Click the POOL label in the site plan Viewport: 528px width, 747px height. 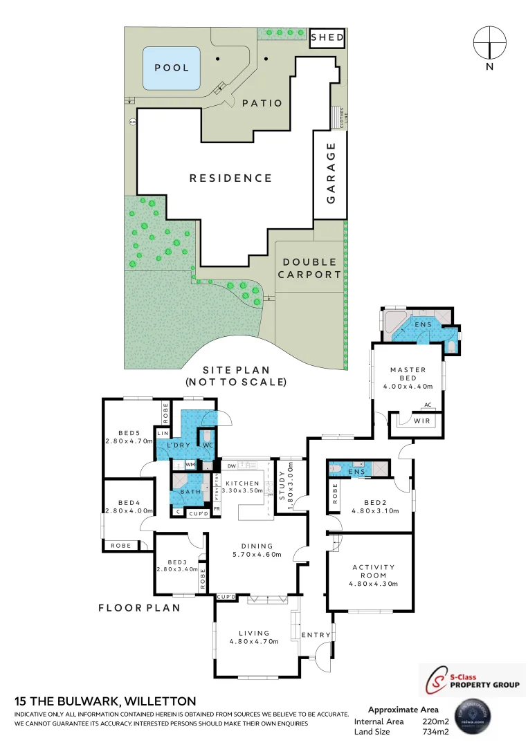[x=172, y=68]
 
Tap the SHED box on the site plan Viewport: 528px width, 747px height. [x=327, y=37]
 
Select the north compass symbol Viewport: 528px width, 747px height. [x=490, y=43]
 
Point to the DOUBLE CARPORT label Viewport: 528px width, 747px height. [x=309, y=268]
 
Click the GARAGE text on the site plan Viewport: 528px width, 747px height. [x=331, y=173]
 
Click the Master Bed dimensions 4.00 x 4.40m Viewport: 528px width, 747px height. [x=408, y=387]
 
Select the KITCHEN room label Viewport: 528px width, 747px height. [x=242, y=483]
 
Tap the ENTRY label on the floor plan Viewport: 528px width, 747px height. [x=316, y=635]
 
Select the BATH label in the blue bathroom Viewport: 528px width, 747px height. [x=189, y=492]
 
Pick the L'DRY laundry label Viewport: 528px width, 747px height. [x=179, y=446]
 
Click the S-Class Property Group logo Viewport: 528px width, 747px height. [x=473, y=680]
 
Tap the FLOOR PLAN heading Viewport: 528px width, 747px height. [x=139, y=608]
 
